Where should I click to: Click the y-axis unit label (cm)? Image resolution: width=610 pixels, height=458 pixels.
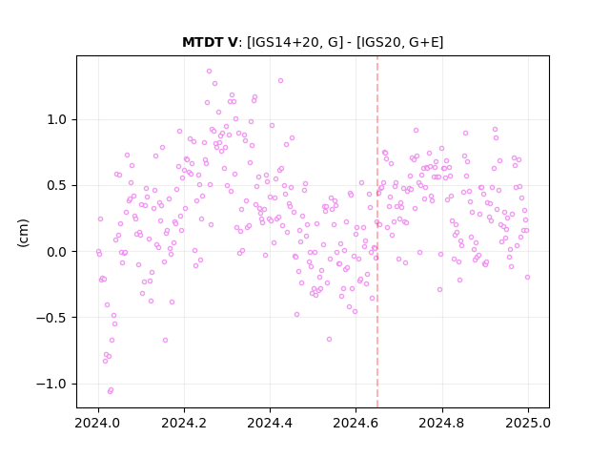coord(23,233)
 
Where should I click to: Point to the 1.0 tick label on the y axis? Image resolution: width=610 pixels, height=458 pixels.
coord(57,119)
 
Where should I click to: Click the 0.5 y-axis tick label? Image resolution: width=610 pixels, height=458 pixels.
coord(57,186)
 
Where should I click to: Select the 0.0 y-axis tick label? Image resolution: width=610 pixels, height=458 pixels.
coord(57,252)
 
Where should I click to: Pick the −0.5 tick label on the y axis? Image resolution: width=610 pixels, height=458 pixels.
coord(51,318)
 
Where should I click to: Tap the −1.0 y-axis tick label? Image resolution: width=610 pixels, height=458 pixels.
coord(51,384)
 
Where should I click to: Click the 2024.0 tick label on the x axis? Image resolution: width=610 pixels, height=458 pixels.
coord(98,423)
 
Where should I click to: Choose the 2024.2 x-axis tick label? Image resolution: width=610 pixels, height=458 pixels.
coord(184,423)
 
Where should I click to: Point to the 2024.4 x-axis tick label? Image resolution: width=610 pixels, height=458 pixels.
coord(270,423)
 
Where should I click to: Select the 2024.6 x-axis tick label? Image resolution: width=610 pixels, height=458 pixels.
coord(356,423)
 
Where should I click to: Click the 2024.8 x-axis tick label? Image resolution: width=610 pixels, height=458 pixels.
coord(442,423)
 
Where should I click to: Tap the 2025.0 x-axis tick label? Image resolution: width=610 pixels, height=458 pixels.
coord(528,423)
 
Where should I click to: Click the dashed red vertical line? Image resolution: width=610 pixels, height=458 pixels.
coord(377,232)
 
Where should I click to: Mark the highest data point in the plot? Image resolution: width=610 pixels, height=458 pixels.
coord(209,72)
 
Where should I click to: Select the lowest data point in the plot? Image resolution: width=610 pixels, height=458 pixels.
coord(111,391)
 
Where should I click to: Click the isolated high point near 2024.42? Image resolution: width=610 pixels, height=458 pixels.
coord(280,81)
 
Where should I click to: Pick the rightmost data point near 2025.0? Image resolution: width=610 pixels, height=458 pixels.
coord(527,278)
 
